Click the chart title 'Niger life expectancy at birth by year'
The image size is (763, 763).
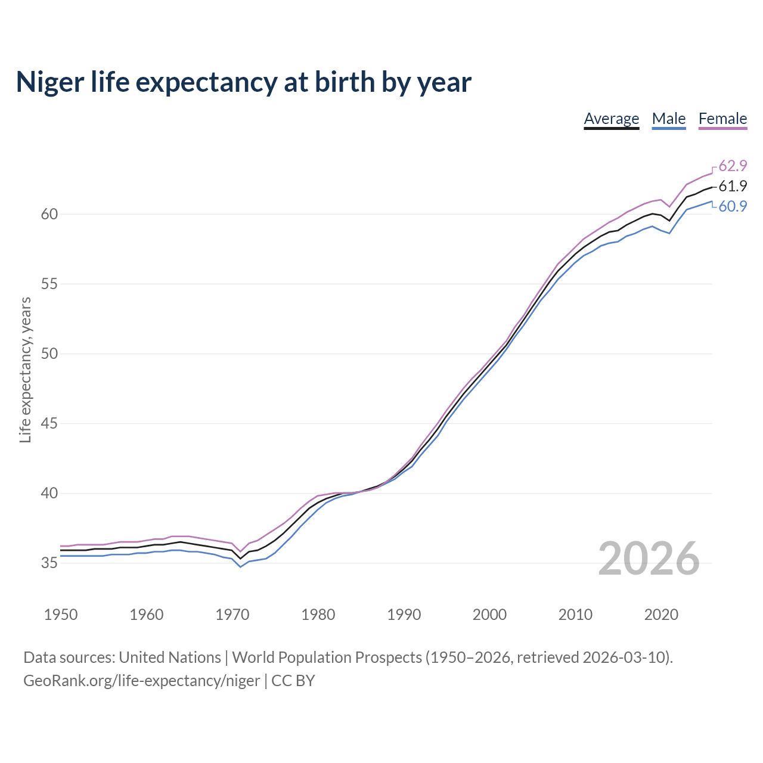pos(243,82)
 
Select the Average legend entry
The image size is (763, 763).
pos(611,119)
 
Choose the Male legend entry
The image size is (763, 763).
pos(669,119)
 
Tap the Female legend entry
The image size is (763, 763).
pos(722,119)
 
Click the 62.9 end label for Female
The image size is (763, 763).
pos(733,166)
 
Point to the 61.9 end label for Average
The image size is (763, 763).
pos(733,186)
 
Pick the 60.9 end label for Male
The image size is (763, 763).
pos(733,206)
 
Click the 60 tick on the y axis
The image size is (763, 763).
pos(49,214)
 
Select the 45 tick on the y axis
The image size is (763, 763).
pos(49,424)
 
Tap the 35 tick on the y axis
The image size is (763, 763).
pos(49,563)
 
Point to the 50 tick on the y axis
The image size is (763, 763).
pos(49,354)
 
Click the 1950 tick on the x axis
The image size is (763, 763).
pos(61,615)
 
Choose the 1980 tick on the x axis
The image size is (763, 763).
pos(318,615)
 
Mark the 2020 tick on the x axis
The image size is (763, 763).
pos(661,615)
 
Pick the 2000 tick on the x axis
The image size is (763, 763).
pos(489,615)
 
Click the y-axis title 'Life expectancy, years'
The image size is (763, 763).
pos(25,370)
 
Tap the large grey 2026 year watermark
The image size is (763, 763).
pos(649,559)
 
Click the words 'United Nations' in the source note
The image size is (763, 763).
pos(170,657)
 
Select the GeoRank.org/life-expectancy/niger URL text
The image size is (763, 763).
pos(142,681)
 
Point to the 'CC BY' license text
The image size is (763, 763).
pos(293,681)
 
